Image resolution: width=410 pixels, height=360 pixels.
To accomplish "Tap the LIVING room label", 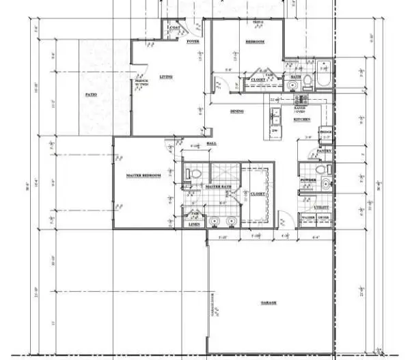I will click(x=166, y=77).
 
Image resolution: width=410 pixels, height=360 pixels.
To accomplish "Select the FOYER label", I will click(x=193, y=42).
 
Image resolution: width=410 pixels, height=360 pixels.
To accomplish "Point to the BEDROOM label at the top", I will click(x=254, y=42).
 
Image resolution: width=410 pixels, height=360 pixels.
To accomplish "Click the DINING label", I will click(x=237, y=111).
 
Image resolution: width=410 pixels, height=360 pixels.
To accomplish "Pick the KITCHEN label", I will click(x=302, y=120).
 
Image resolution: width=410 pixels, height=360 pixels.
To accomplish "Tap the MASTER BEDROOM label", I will click(x=143, y=176).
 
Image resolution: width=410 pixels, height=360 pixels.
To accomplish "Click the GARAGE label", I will click(x=268, y=303).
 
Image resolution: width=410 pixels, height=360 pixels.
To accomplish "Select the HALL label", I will click(x=211, y=143).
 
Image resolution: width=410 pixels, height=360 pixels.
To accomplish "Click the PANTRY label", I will click(x=324, y=151).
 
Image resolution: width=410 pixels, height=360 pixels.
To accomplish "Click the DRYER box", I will click(x=323, y=218).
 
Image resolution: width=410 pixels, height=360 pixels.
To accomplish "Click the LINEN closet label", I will click(x=194, y=223).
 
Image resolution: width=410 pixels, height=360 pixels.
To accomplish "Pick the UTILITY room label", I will click(x=321, y=206).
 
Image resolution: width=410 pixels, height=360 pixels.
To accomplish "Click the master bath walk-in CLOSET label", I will click(x=258, y=194).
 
